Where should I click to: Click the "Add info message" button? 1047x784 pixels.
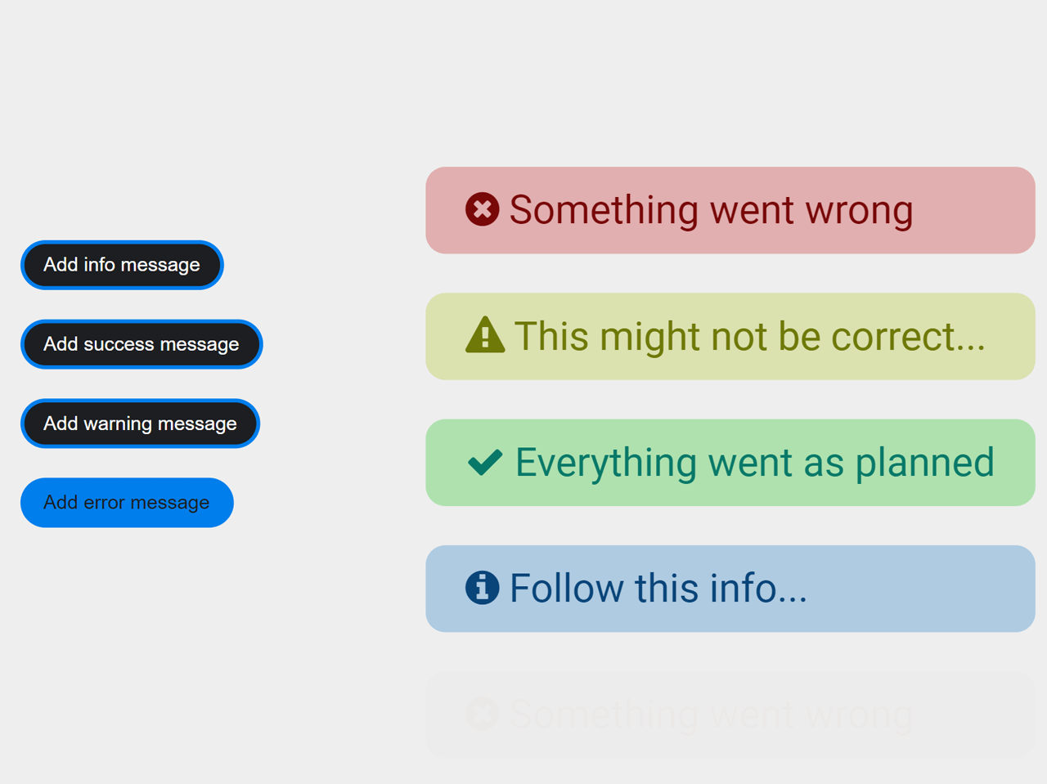pyautogui.click(x=122, y=265)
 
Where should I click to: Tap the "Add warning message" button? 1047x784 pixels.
pyautogui.click(x=140, y=423)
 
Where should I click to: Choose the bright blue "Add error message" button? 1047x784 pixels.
pyautogui.click(x=127, y=503)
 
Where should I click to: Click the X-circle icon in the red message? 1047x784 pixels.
pyautogui.click(x=483, y=209)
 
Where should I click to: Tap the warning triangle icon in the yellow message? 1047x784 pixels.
pyautogui.click(x=485, y=335)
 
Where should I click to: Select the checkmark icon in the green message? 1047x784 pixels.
pyautogui.click(x=485, y=463)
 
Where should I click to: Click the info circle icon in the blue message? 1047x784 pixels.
pyautogui.click(x=483, y=588)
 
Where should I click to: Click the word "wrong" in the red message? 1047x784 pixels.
pyautogui.click(x=859, y=211)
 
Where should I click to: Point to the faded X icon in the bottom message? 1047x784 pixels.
pyautogui.click(x=483, y=714)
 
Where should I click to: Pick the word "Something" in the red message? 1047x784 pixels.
pyautogui.click(x=604, y=211)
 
